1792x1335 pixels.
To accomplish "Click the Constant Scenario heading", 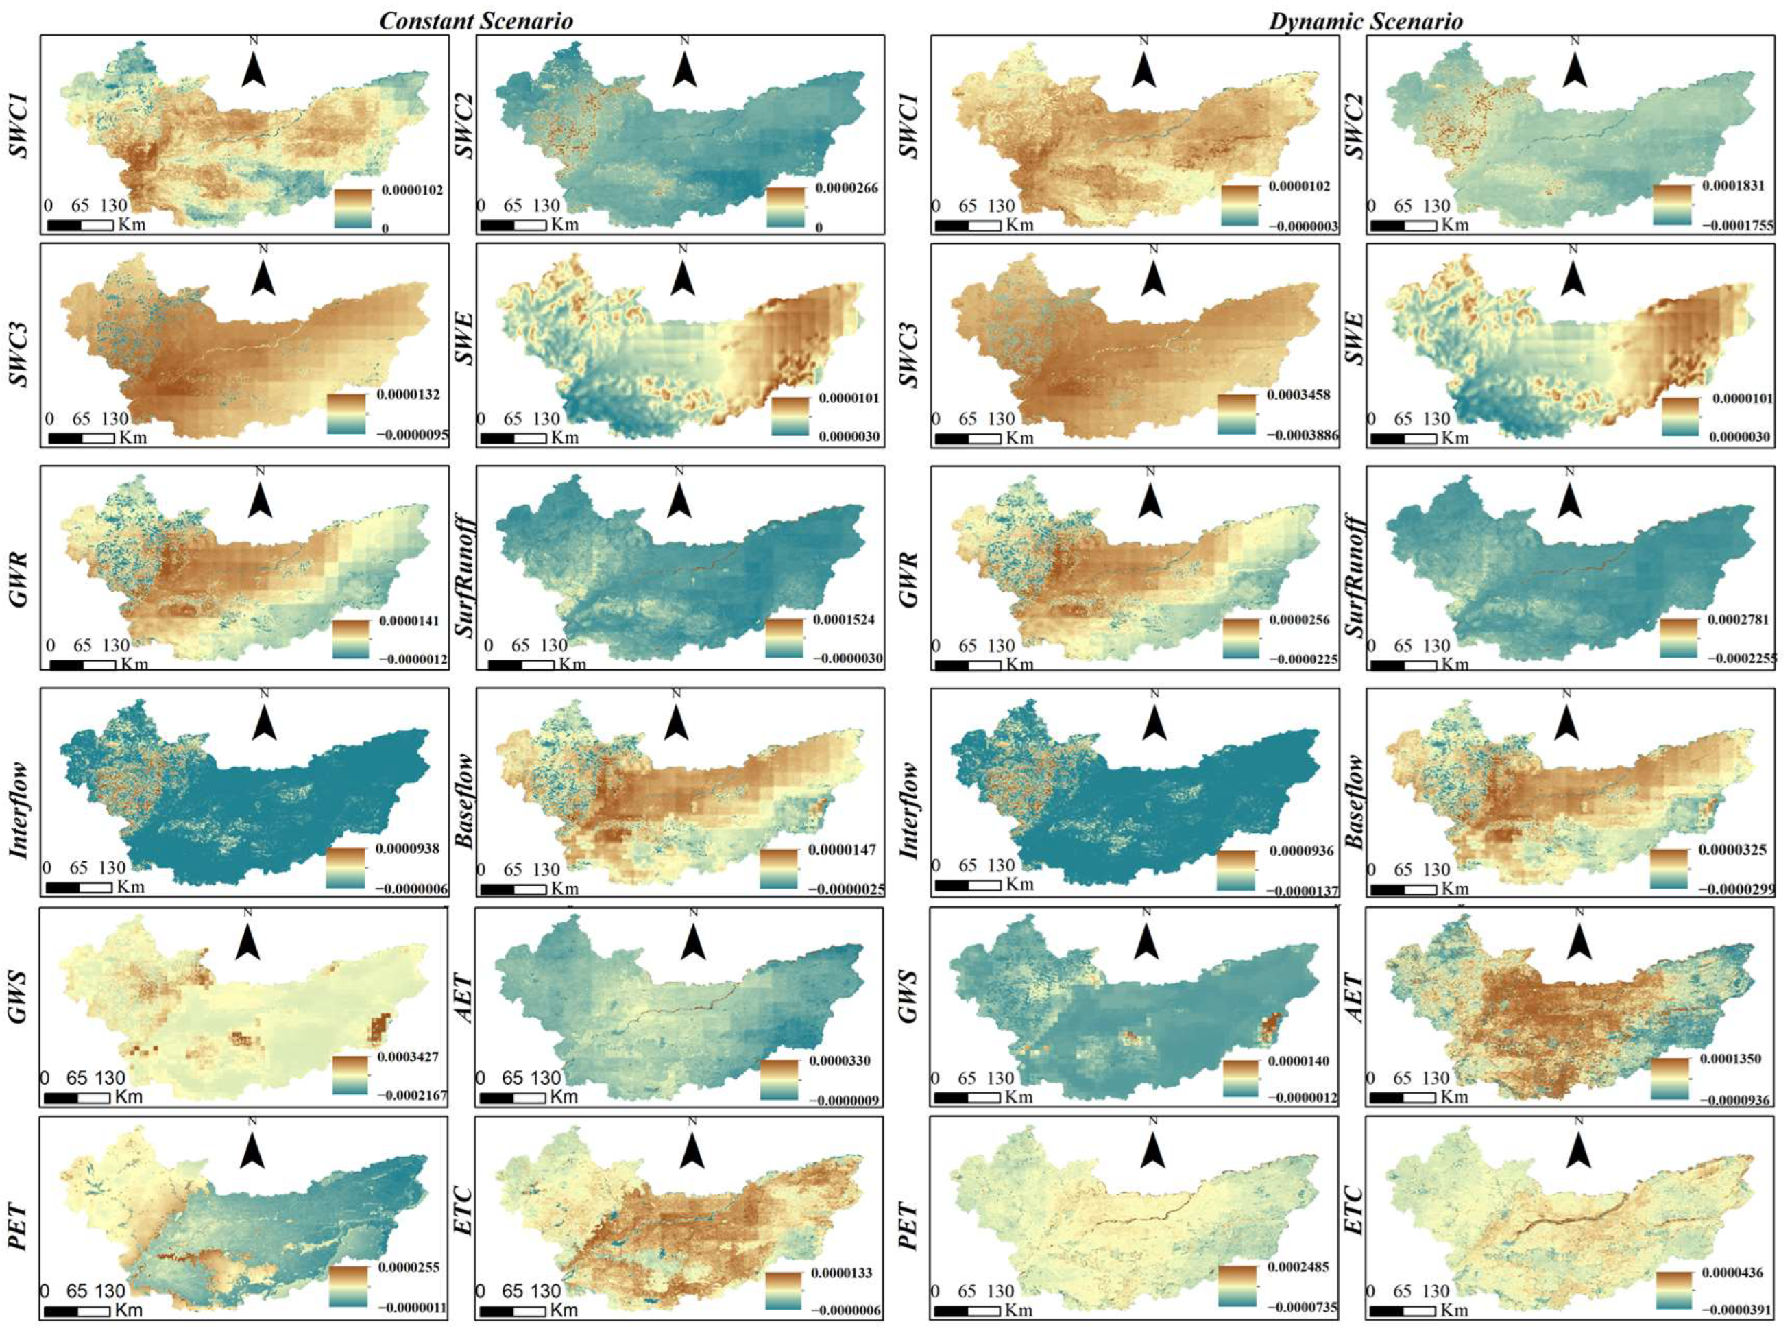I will pyautogui.click(x=476, y=21).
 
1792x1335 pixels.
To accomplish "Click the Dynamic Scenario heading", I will pyautogui.click(x=1366, y=21).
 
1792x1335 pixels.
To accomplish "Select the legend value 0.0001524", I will pyautogui.click(x=846, y=620).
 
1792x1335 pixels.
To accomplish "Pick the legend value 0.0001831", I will pyautogui.click(x=1736, y=185).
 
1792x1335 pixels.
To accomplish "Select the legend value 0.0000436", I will pyautogui.click(x=1734, y=1272).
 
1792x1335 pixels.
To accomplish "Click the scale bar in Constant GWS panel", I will pyautogui.click(x=77, y=1098).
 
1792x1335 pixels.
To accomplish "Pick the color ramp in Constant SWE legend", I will pyautogui.click(x=790, y=416).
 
